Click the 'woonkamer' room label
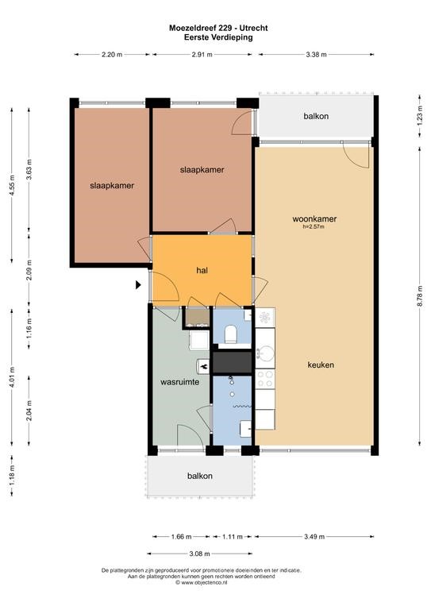(314, 219)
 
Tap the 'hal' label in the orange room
(202, 270)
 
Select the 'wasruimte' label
(180, 382)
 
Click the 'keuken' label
(321, 365)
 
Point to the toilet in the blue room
(231, 334)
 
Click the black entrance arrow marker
(138, 285)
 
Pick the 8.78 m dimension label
(420, 296)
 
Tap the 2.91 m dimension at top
(202, 55)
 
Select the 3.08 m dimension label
(199, 554)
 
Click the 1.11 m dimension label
(232, 537)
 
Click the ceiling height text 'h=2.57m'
(314, 226)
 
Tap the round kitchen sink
(266, 353)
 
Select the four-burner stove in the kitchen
(265, 379)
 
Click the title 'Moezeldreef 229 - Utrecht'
(218, 28)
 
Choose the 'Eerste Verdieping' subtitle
(218, 37)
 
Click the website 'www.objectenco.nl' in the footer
(202, 582)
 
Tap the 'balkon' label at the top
(316, 116)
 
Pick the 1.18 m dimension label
(12, 476)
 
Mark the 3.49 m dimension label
(314, 537)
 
